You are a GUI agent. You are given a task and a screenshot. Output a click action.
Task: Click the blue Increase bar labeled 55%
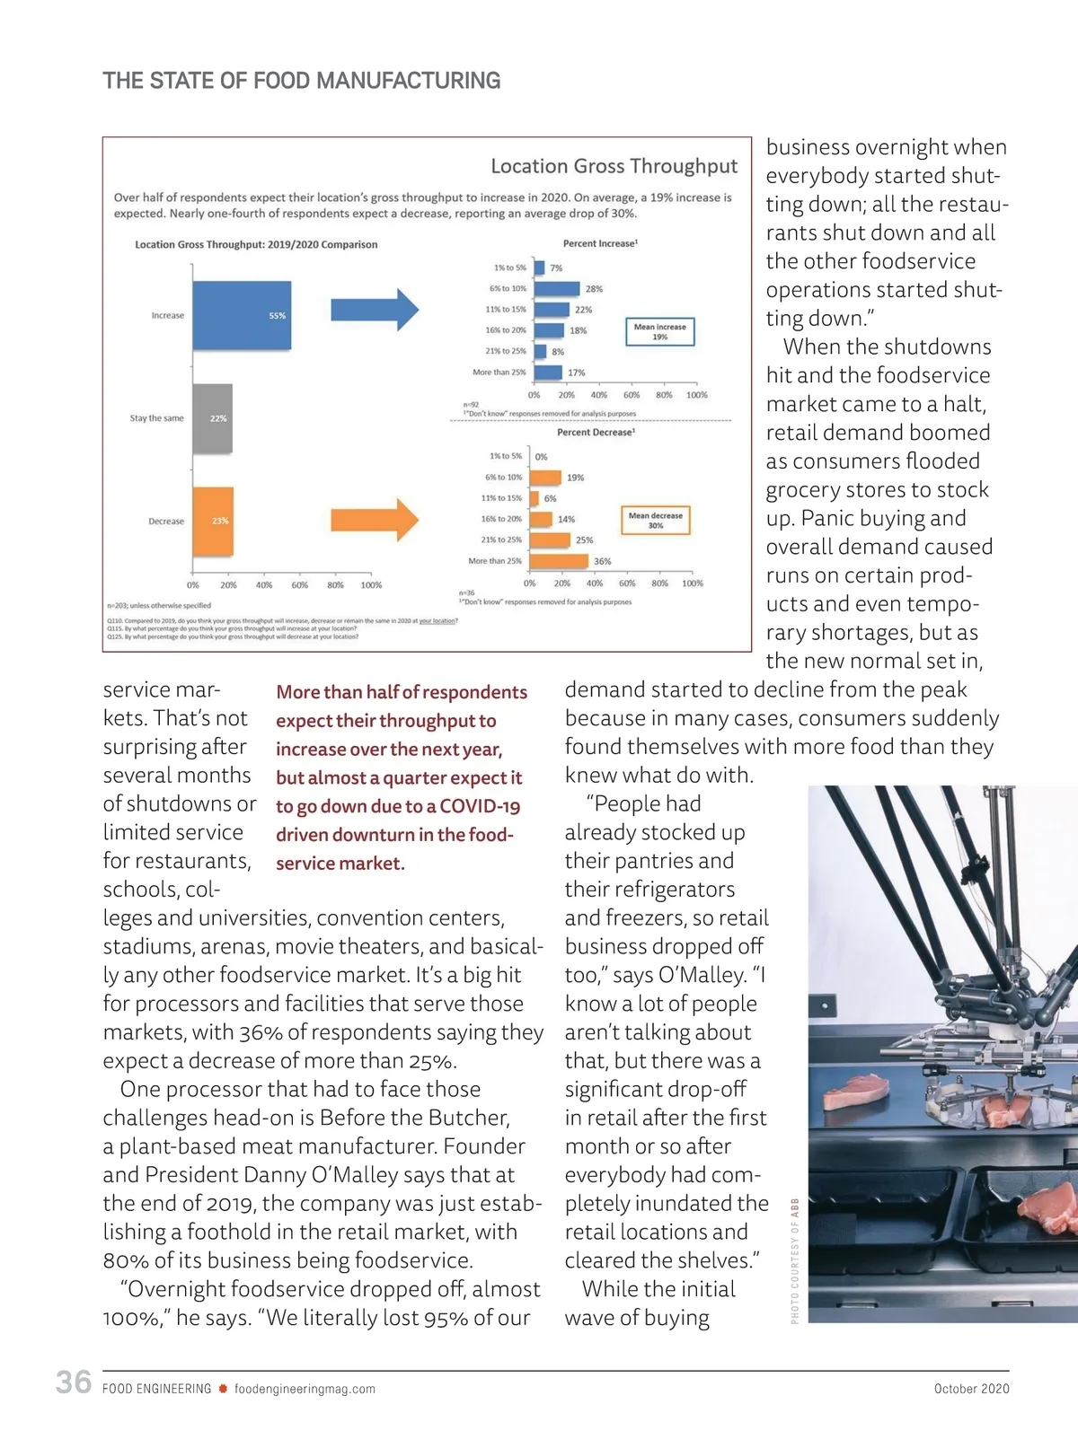pyautogui.click(x=242, y=315)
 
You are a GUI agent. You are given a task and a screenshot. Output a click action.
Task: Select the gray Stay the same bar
pyautogui.click(x=213, y=418)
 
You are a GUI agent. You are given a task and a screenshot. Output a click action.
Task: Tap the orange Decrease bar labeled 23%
pyautogui.click(x=213, y=521)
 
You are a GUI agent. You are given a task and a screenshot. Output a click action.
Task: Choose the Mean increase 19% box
pyautogui.click(x=659, y=331)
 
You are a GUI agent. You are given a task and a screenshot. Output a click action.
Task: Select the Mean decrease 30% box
pyautogui.click(x=655, y=520)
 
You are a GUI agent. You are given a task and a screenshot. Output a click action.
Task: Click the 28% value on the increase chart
pyautogui.click(x=594, y=289)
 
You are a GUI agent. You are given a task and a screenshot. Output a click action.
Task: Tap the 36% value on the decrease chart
pyautogui.click(x=602, y=562)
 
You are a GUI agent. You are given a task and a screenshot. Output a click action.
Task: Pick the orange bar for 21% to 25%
pyautogui.click(x=549, y=540)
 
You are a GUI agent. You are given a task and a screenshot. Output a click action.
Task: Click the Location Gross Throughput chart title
pyautogui.click(x=614, y=166)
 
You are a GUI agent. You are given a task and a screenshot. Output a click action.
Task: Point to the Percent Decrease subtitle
pyautogui.click(x=596, y=433)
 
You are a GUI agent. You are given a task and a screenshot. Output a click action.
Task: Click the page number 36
pyautogui.click(x=74, y=1382)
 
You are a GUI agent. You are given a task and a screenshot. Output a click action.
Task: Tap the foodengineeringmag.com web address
pyautogui.click(x=305, y=1389)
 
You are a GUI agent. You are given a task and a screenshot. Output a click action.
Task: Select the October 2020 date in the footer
pyautogui.click(x=971, y=1389)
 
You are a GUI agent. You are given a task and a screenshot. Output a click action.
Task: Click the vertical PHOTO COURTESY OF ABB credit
pyautogui.click(x=795, y=1260)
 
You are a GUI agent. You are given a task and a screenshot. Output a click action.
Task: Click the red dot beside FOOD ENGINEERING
pyautogui.click(x=223, y=1389)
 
